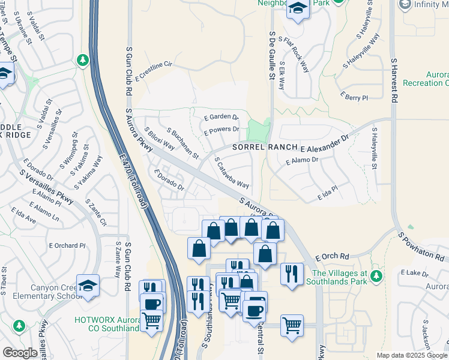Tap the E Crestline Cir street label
click(x=154, y=71)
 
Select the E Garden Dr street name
click(x=221, y=118)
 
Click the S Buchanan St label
click(x=182, y=143)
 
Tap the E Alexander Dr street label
click(x=325, y=143)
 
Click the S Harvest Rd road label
click(x=394, y=80)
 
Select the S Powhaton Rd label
click(x=423, y=247)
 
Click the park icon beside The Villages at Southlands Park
click(x=376, y=276)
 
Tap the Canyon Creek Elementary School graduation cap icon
click(x=88, y=286)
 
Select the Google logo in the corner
click(x=20, y=353)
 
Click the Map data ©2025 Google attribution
click(x=411, y=355)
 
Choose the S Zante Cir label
click(x=96, y=213)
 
